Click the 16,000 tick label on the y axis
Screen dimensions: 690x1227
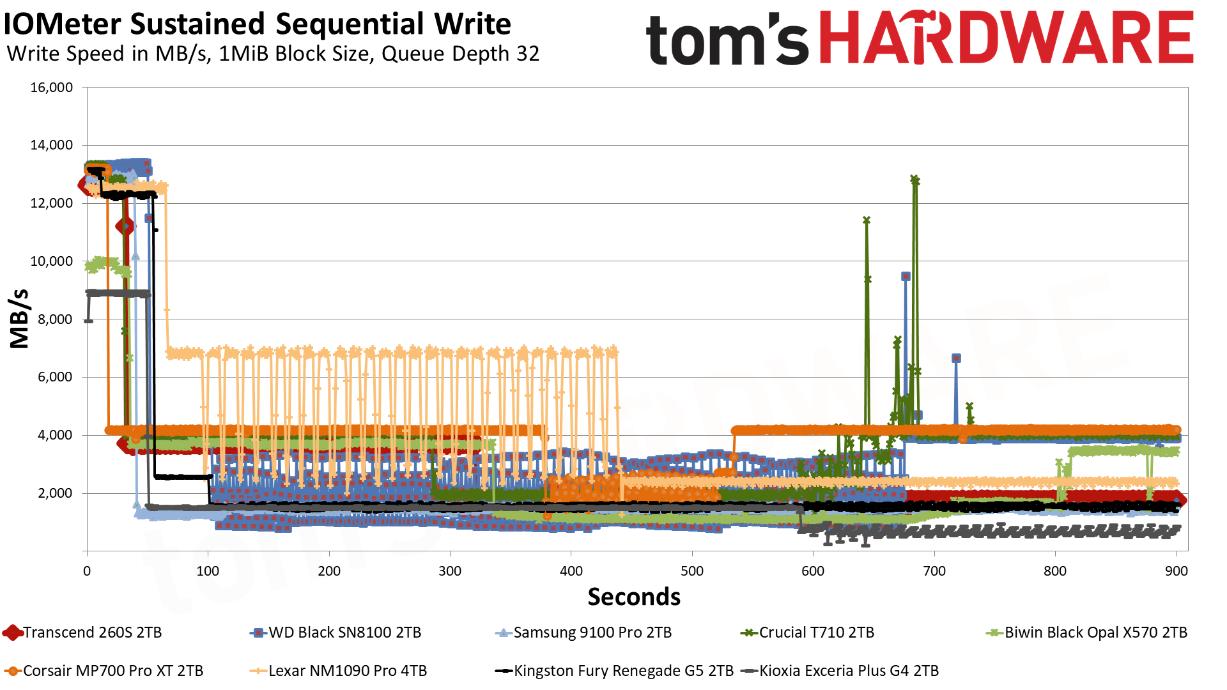tap(52, 88)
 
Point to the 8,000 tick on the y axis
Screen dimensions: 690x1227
tap(56, 319)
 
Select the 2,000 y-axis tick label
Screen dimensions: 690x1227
tap(56, 493)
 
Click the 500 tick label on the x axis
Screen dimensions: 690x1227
tap(692, 571)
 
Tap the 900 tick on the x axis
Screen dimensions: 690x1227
tap(1176, 571)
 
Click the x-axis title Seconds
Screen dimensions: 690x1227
tap(634, 597)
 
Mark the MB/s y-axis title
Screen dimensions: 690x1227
tap(20, 319)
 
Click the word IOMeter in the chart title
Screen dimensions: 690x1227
tap(62, 24)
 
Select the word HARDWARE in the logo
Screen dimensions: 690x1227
tap(1006, 38)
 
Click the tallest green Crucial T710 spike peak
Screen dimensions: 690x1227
tap(914, 180)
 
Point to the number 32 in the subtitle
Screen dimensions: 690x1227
tap(528, 54)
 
